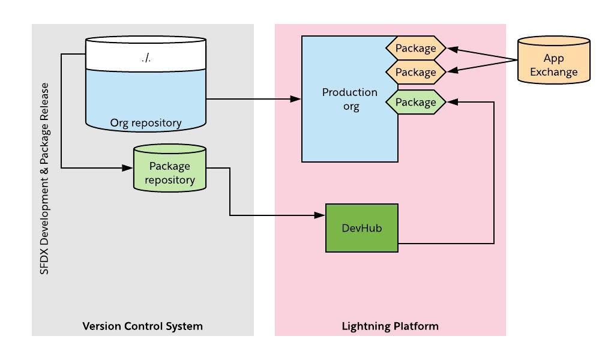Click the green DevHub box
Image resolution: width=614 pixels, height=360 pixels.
(x=361, y=228)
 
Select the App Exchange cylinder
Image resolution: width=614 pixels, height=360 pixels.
(x=553, y=60)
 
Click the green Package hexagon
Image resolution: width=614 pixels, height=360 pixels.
(x=415, y=102)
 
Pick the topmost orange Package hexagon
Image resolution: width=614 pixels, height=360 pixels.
(x=415, y=48)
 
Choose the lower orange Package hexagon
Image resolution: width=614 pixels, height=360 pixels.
(x=415, y=72)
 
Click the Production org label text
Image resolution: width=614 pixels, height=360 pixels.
(x=350, y=100)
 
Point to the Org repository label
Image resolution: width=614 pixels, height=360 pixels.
(x=146, y=123)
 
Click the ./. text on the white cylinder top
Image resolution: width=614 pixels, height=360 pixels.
(x=146, y=58)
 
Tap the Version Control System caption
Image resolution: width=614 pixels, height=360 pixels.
(x=142, y=326)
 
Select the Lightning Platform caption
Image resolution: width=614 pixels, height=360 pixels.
(x=390, y=326)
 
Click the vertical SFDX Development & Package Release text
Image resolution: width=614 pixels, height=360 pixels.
(x=44, y=179)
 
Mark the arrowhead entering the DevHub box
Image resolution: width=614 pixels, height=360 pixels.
(x=321, y=215)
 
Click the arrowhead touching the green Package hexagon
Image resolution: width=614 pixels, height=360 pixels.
(x=451, y=102)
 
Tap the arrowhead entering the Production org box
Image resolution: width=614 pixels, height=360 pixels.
(x=296, y=99)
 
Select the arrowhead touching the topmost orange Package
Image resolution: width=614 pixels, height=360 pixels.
(x=452, y=49)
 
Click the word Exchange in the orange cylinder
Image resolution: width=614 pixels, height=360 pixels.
(x=553, y=73)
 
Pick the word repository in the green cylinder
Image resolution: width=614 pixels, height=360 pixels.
(x=170, y=179)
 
